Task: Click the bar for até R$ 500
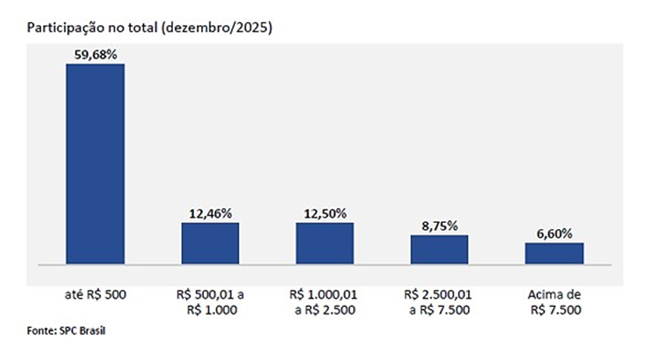[95, 164]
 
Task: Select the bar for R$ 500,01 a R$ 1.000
[210, 244]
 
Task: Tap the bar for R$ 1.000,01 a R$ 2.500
[324, 244]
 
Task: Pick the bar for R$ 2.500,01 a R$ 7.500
[439, 249]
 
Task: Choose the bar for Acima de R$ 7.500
[554, 253]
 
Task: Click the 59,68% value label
[95, 55]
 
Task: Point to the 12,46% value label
[210, 213]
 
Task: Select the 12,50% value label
[324, 213]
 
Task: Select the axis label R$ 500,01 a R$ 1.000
[210, 302]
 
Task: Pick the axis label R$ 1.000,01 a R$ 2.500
[324, 302]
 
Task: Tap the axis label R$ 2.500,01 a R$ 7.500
[439, 302]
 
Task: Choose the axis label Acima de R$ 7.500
[554, 302]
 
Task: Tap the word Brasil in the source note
[90, 331]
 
